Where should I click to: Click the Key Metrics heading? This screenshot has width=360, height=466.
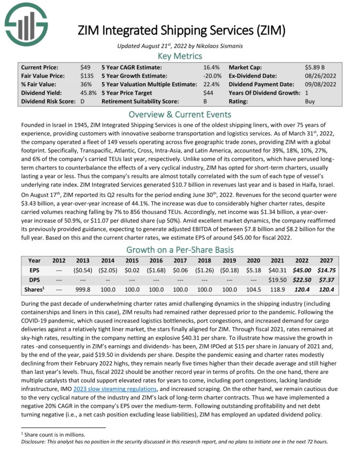[x=179, y=56]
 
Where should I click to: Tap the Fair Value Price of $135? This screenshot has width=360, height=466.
[x=86, y=76]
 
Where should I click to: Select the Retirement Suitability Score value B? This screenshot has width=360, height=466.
[x=205, y=101]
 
